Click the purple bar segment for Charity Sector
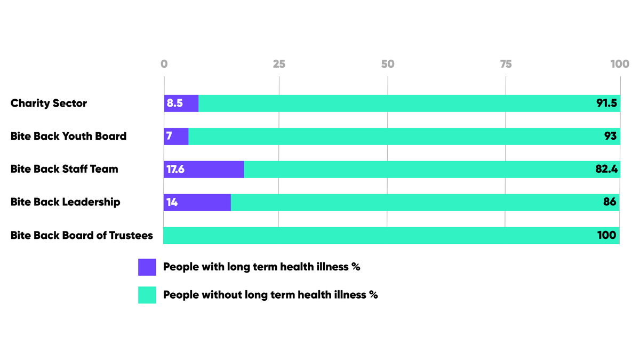pyautogui.click(x=181, y=103)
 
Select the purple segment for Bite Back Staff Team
pyautogui.click(x=204, y=170)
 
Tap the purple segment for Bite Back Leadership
pyautogui.click(x=197, y=203)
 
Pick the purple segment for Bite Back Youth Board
pyautogui.click(x=177, y=137)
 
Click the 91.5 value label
pyautogui.click(x=606, y=103)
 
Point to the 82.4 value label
pyautogui.click(x=606, y=170)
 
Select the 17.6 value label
pyautogui.click(x=175, y=170)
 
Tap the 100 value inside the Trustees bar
pyautogui.click(x=607, y=236)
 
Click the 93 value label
pyautogui.click(x=610, y=137)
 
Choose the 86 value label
pyautogui.click(x=610, y=203)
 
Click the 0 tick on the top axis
pyautogui.click(x=164, y=64)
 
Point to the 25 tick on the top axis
pyautogui.click(x=279, y=64)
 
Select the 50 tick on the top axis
pyautogui.click(x=388, y=64)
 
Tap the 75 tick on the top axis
pyautogui.click(x=506, y=64)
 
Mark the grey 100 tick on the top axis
pyautogui.click(x=620, y=64)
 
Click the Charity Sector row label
pyautogui.click(x=49, y=103)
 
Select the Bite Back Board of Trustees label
pyautogui.click(x=82, y=236)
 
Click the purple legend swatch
pyautogui.click(x=147, y=267)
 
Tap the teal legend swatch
pyautogui.click(x=147, y=295)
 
